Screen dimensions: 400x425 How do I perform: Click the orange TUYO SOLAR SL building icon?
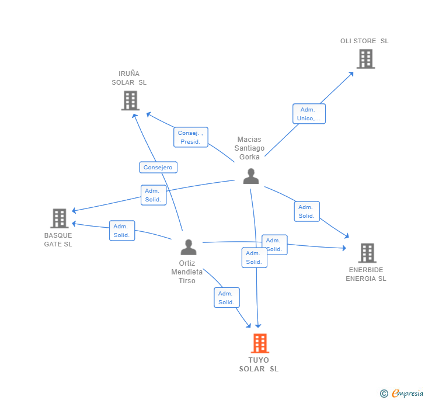click(260, 343)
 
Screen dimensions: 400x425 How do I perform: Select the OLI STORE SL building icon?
click(365, 59)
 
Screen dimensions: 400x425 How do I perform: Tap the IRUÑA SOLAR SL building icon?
click(130, 100)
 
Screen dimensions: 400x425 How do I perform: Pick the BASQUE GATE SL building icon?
click(60, 218)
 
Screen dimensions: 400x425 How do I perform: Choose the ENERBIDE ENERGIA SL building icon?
click(367, 253)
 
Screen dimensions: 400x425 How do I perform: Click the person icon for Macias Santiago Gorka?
click(251, 176)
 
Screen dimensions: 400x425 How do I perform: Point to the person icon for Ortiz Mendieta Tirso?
click(188, 247)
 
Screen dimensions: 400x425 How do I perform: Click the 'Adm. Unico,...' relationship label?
click(309, 114)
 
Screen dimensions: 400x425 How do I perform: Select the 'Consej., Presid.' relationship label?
click(190, 137)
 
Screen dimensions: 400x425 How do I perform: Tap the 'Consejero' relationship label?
click(158, 168)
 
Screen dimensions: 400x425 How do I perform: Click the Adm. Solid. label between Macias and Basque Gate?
click(154, 195)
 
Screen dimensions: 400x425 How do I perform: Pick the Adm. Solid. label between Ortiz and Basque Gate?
click(121, 231)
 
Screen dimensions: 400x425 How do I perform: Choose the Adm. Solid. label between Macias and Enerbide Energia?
click(306, 211)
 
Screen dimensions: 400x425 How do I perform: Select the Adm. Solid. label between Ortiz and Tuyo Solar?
click(226, 298)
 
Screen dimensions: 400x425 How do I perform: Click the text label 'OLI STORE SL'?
click(364, 41)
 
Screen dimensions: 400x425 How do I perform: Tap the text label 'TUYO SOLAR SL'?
click(259, 364)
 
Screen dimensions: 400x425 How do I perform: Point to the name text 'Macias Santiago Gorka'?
click(249, 148)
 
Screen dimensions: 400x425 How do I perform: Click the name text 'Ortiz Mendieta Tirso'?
click(187, 272)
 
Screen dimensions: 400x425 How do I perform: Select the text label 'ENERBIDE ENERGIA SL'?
click(366, 274)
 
